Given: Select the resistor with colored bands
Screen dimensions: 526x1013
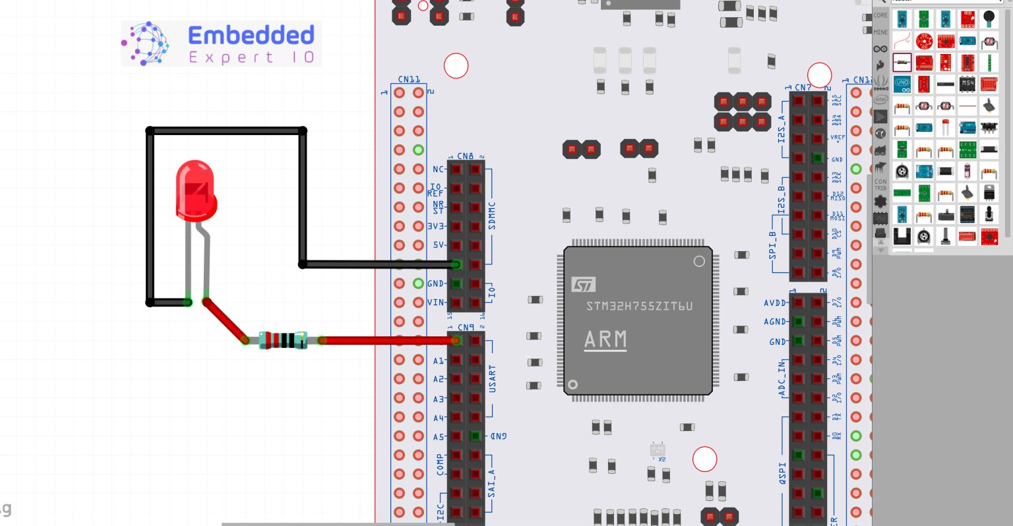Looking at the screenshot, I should click(283, 340).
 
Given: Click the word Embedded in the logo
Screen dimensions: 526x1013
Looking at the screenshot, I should click(251, 35).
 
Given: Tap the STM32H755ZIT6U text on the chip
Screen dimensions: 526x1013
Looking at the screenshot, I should click(639, 306).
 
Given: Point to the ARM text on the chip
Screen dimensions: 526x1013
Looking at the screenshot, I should click(605, 340).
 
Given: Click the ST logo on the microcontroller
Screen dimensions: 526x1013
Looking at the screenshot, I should click(583, 285).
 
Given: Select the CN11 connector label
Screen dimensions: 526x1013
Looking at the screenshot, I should click(409, 80).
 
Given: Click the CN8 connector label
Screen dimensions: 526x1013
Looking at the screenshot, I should click(465, 156).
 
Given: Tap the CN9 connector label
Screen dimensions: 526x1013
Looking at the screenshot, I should click(466, 327).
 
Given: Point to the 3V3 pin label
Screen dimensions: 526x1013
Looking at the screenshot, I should click(436, 226).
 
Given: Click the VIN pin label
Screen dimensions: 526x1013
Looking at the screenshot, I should click(436, 303).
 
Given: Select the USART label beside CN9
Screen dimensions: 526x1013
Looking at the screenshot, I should click(492, 380).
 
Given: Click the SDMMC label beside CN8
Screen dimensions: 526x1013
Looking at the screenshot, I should click(492, 216).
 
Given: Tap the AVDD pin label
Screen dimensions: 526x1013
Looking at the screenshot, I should click(775, 303).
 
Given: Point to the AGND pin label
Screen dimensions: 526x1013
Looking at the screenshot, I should click(775, 322).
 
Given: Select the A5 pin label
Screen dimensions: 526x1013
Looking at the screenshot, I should click(439, 436).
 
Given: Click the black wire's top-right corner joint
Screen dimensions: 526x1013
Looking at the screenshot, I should click(303, 131).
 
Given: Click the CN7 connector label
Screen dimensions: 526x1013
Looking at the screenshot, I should click(803, 87).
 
